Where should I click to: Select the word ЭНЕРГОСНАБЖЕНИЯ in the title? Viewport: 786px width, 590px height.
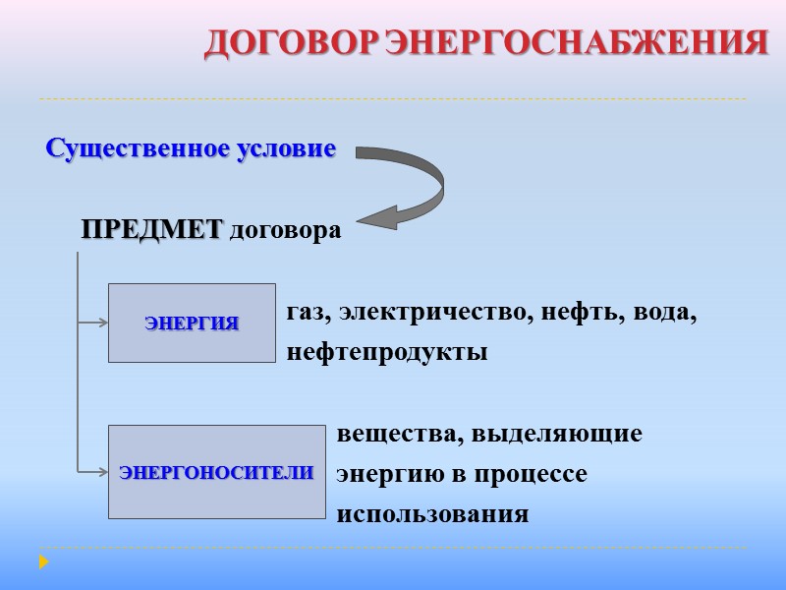tap(576, 43)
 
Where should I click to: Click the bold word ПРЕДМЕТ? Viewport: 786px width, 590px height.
tap(152, 231)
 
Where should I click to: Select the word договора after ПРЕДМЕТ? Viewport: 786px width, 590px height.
tap(285, 232)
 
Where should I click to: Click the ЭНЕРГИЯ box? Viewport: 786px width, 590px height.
tap(192, 323)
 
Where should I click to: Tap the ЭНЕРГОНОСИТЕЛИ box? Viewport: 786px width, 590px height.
tap(216, 472)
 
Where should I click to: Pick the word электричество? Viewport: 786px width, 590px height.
tap(423, 314)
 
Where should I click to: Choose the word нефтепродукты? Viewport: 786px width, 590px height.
tap(387, 352)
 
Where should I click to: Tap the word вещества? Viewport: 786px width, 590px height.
tap(398, 434)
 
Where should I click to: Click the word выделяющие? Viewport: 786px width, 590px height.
tap(557, 434)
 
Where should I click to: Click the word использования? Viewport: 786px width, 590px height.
tap(432, 514)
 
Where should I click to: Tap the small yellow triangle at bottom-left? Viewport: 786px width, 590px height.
tap(43, 562)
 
